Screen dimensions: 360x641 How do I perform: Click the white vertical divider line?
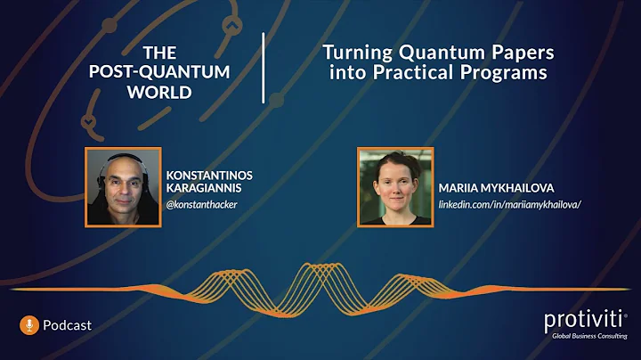[264, 68]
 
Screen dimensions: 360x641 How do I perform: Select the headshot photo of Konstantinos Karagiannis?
[123, 185]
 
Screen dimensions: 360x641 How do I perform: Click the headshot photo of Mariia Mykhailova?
[395, 185]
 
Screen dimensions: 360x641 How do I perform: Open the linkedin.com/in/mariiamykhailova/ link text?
[510, 205]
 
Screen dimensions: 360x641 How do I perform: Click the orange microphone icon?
[29, 325]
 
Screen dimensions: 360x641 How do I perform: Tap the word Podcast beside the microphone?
[67, 325]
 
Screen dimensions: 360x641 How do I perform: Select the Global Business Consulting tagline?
[589, 336]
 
